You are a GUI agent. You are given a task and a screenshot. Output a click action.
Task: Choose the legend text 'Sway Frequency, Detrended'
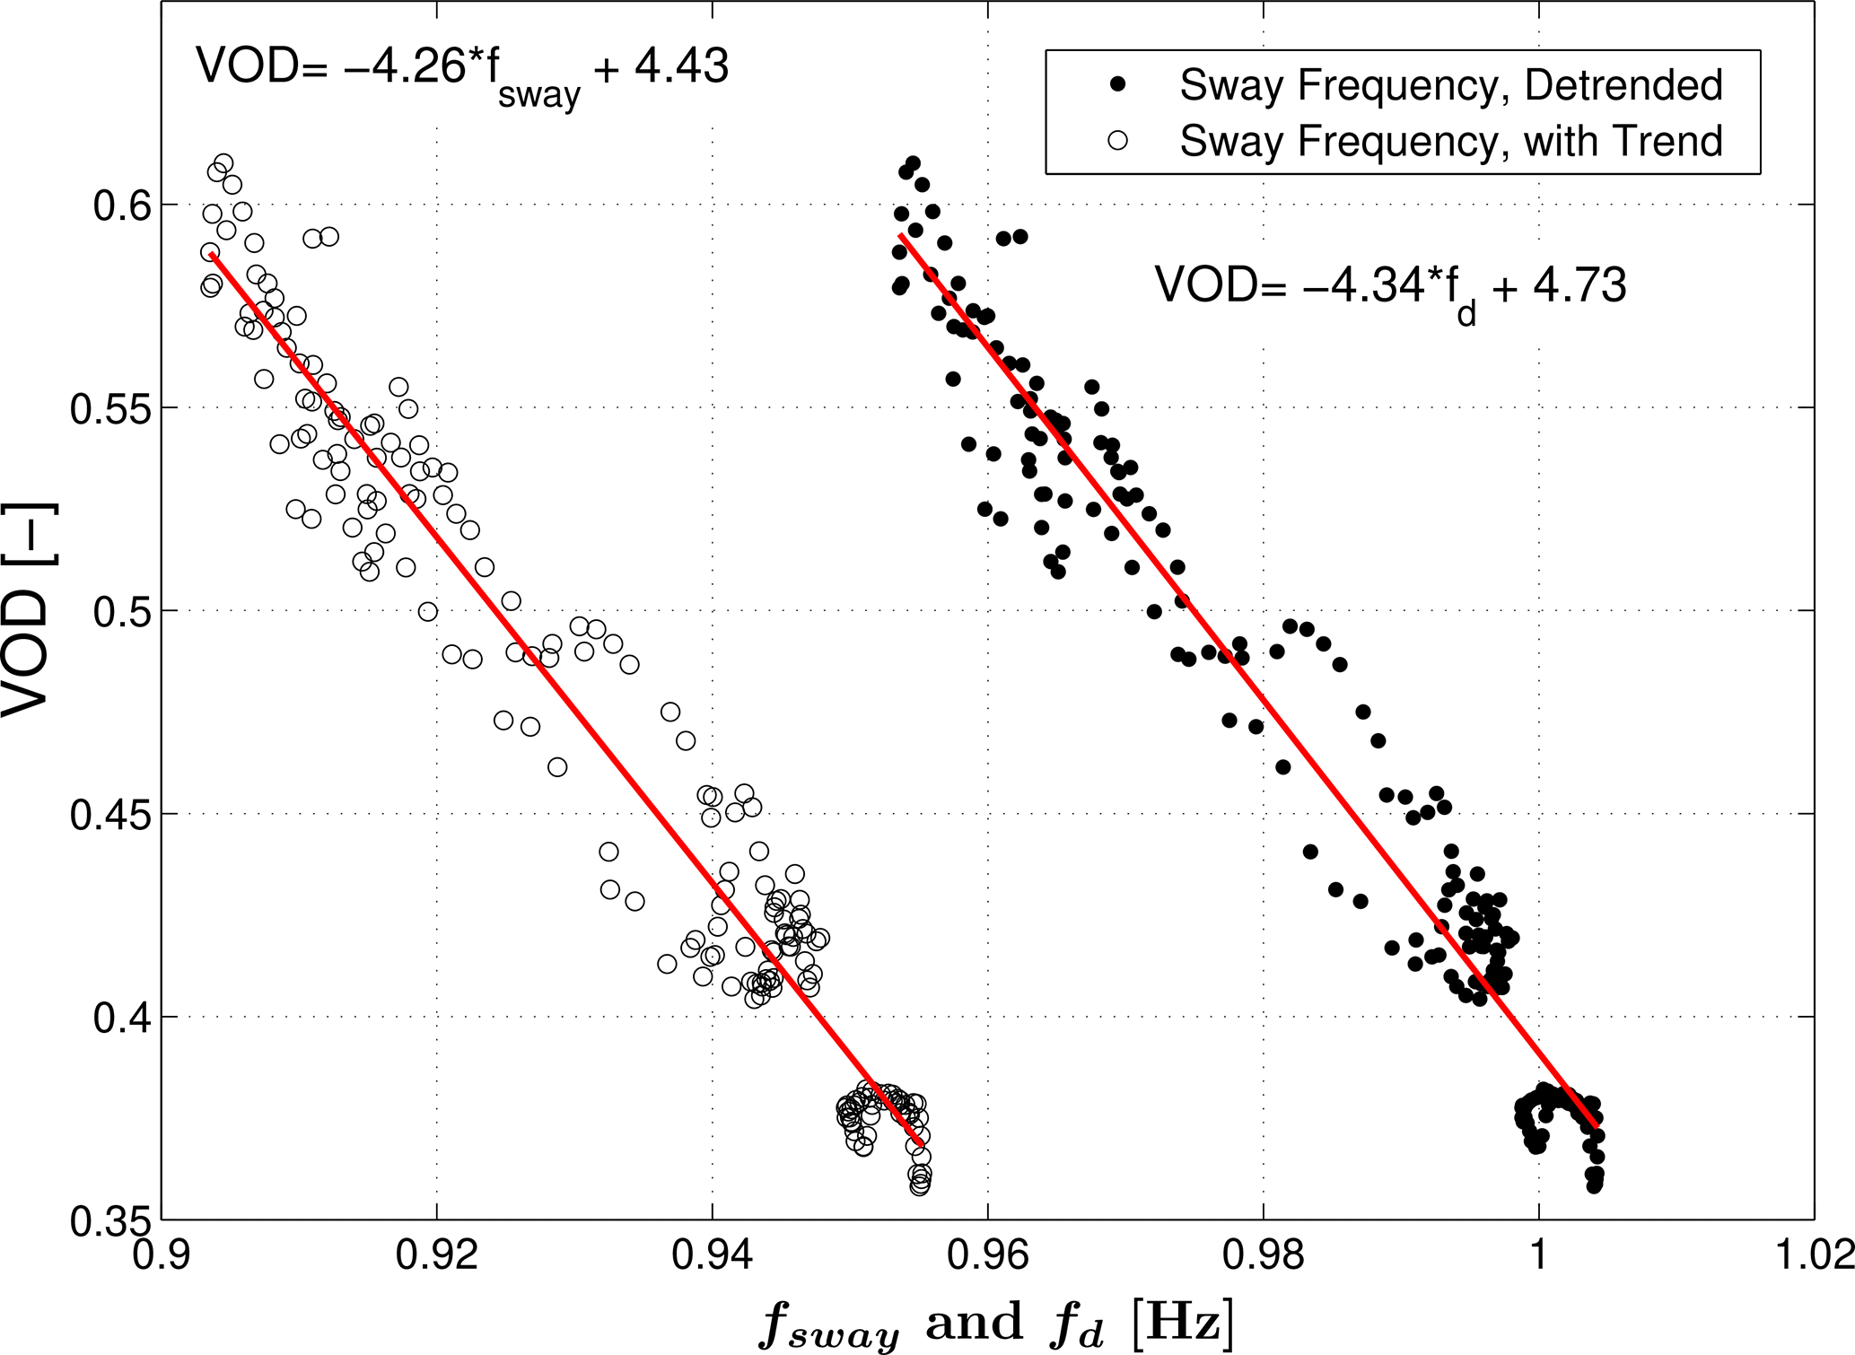click(x=1451, y=85)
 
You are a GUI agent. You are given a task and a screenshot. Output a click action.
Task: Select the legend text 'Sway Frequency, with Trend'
click(x=1451, y=141)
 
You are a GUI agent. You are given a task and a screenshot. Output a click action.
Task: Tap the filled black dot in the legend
click(x=1117, y=84)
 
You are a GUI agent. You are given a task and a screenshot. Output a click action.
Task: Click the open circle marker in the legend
click(x=1117, y=140)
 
